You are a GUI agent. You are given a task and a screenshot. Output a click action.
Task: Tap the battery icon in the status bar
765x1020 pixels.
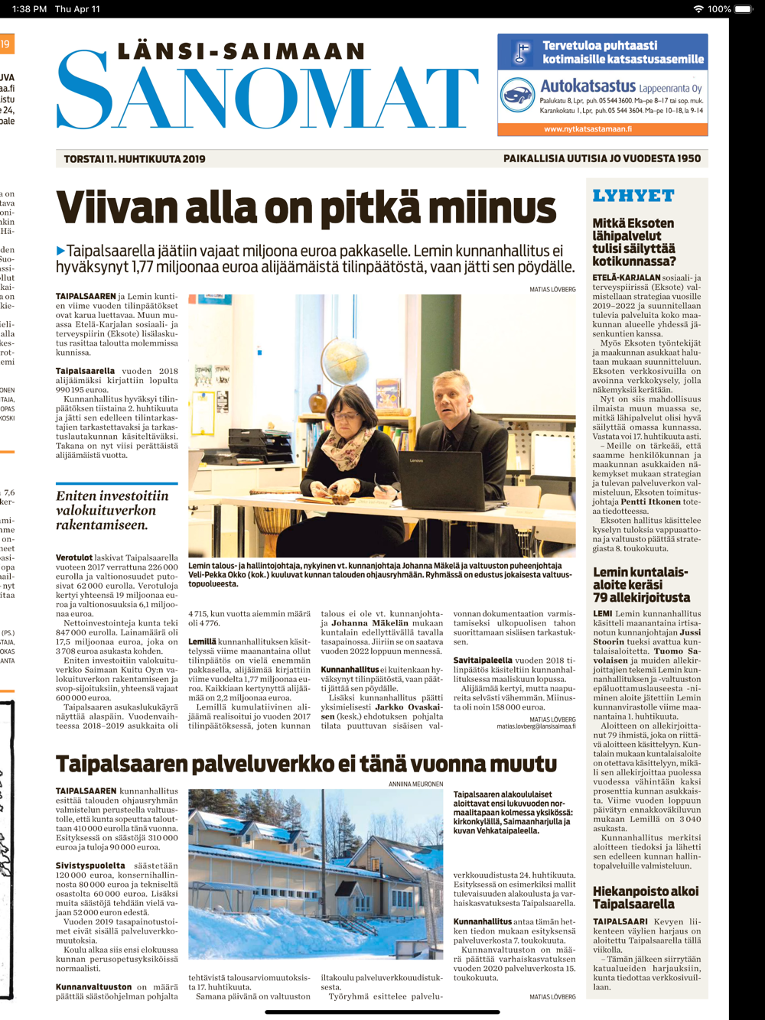(x=743, y=9)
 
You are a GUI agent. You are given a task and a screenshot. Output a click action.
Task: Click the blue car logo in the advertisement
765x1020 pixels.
(x=517, y=96)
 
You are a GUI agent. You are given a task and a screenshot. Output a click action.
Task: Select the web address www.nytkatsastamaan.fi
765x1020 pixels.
(x=588, y=129)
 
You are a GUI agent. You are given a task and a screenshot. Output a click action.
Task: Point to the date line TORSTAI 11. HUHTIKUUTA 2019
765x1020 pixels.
(x=135, y=159)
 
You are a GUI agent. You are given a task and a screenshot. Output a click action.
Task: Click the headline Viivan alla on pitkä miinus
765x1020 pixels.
(x=306, y=209)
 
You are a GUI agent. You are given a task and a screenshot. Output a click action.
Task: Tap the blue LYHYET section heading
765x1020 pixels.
(x=633, y=196)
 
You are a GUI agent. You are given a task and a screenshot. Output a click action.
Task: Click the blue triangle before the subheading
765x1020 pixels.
(x=60, y=251)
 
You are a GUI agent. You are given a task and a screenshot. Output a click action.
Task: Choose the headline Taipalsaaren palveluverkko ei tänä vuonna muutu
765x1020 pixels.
(x=306, y=764)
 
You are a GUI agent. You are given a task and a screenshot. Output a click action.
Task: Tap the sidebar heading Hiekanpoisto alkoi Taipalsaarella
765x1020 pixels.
(x=645, y=898)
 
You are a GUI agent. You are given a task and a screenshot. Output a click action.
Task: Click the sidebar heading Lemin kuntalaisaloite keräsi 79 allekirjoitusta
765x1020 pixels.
(x=640, y=585)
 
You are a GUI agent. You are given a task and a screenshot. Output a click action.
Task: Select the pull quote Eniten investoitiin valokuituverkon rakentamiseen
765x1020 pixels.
(x=112, y=510)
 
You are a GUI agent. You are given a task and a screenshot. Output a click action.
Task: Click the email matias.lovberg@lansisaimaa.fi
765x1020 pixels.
(x=535, y=726)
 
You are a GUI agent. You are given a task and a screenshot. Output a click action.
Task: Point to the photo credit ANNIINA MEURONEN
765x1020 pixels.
(x=415, y=784)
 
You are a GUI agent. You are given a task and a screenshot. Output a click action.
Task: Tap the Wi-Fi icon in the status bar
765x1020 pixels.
(x=698, y=9)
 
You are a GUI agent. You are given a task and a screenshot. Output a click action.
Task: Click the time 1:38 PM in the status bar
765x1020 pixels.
(x=29, y=9)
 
